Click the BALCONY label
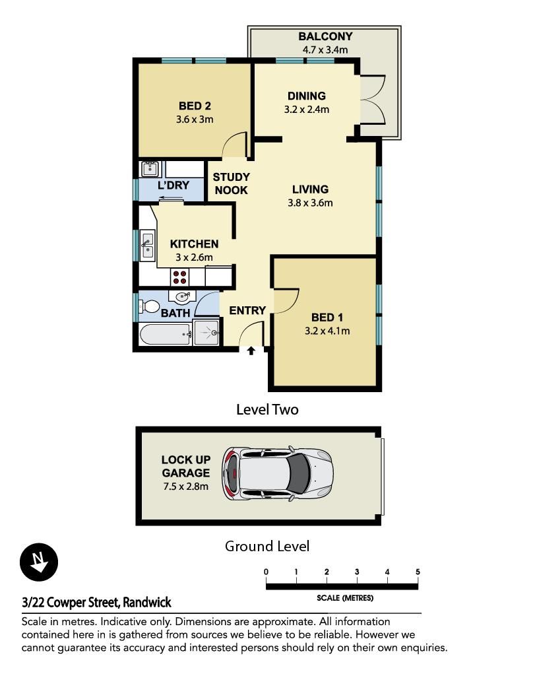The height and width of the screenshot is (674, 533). (x=325, y=36)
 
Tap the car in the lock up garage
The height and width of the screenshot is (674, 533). (x=278, y=474)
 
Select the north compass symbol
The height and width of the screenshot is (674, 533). (x=39, y=562)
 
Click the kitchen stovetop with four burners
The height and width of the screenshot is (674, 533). (x=180, y=277)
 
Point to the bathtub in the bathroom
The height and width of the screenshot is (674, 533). (x=166, y=334)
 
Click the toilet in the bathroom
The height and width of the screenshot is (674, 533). (x=148, y=306)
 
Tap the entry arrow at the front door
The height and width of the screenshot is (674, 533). (x=251, y=351)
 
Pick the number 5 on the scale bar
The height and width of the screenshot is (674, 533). (x=418, y=572)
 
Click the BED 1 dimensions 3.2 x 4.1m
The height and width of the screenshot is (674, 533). (x=327, y=331)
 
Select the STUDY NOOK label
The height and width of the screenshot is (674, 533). (x=231, y=184)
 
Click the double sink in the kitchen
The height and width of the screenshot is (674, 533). (x=147, y=246)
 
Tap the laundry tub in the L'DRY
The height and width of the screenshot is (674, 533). (x=150, y=168)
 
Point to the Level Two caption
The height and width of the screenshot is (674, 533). (x=267, y=409)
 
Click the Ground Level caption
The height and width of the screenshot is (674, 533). (x=267, y=546)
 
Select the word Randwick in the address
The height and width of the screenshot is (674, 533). (x=147, y=602)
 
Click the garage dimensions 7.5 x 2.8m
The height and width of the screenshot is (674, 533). (x=185, y=486)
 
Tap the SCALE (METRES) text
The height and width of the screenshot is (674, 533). (x=345, y=598)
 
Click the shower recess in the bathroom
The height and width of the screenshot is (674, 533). (x=206, y=332)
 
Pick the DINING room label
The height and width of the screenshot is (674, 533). (x=307, y=96)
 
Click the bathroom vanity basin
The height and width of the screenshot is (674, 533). (x=182, y=296)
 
